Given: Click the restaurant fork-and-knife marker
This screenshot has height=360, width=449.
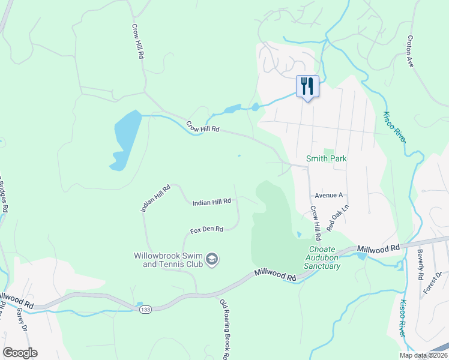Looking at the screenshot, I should [x=307, y=86].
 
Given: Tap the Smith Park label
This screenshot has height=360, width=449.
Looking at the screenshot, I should [x=327, y=159].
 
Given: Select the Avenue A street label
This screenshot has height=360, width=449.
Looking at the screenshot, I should [x=328, y=196].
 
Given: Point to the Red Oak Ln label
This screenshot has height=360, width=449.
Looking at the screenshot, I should [x=337, y=219].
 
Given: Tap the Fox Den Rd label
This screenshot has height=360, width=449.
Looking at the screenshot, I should [x=206, y=230].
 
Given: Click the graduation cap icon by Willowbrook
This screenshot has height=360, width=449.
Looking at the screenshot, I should [x=211, y=259].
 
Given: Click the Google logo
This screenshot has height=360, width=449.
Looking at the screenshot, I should [x=20, y=353].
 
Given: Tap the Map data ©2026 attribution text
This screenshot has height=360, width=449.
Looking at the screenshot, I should [x=423, y=355].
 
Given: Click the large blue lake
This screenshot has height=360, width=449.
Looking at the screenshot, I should [x=126, y=138].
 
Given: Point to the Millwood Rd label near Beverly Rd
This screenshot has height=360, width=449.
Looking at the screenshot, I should [x=378, y=248].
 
